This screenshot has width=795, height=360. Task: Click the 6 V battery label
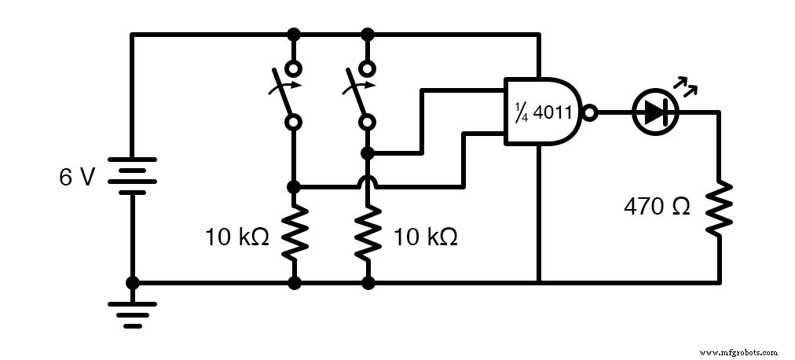coord(76,178)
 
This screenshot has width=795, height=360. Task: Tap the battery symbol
coord(132,178)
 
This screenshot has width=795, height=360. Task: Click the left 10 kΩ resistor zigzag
coord(294,233)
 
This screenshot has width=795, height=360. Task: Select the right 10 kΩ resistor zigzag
coord(367,233)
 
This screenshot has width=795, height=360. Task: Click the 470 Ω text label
coord(657,207)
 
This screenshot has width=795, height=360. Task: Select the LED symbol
coord(654,112)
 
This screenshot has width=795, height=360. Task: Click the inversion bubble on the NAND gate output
coord(590,112)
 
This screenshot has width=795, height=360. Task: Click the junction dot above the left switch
coord(294,35)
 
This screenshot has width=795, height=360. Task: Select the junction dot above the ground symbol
coord(132,282)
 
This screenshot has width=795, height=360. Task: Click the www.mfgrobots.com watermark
coord(738,352)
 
